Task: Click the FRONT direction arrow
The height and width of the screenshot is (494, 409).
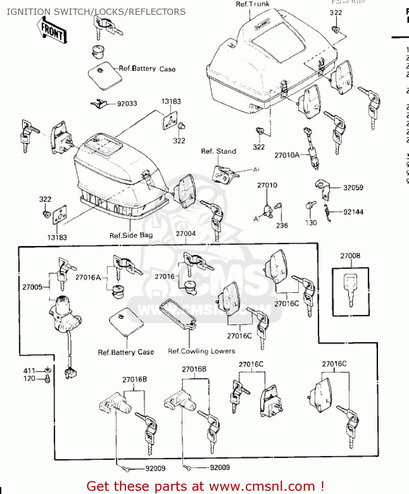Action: (52, 30)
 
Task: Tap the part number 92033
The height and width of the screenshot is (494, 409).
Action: (127, 104)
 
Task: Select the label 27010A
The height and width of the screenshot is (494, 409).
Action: (287, 155)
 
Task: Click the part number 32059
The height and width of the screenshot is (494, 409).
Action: (353, 188)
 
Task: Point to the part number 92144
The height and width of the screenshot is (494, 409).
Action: (353, 212)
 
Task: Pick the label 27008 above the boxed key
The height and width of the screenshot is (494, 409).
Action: (350, 256)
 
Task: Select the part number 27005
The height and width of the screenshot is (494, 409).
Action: (32, 287)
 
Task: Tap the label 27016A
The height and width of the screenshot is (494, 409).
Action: (88, 278)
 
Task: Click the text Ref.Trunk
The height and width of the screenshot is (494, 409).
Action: (253, 4)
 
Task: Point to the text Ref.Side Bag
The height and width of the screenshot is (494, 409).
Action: (131, 235)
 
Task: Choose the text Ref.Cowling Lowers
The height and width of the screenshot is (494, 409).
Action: (201, 351)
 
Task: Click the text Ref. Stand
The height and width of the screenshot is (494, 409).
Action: (219, 151)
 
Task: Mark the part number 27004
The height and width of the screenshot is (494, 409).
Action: (186, 234)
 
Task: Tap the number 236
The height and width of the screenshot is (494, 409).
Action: (282, 226)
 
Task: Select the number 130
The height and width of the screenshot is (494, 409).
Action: (311, 223)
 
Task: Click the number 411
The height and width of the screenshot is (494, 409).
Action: (29, 371)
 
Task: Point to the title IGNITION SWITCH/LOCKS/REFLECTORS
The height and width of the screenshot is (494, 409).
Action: (96, 12)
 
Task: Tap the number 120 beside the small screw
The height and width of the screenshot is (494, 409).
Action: (29, 379)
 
